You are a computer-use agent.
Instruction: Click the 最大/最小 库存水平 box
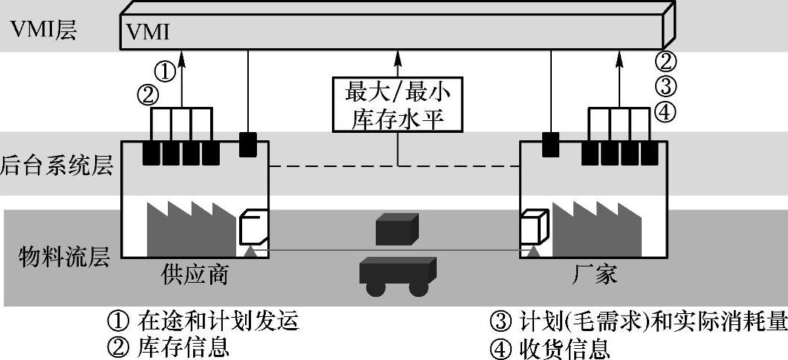point(399,105)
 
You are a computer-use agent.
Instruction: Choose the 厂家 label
point(593,274)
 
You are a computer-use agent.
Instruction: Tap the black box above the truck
point(397,229)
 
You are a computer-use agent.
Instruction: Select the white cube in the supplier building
point(253,226)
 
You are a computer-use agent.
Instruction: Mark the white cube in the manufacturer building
point(534,226)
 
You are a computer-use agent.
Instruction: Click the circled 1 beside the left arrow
point(166,71)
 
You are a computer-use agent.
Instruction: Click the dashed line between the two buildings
point(394,168)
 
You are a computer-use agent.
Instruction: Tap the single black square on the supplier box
point(248,144)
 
